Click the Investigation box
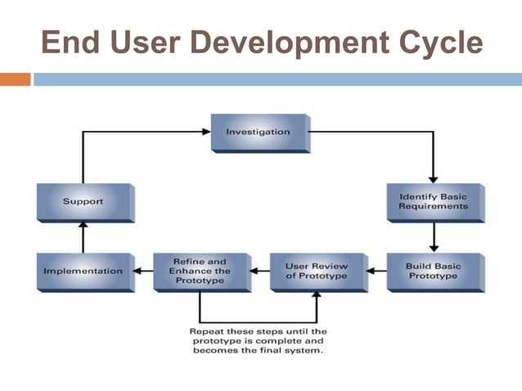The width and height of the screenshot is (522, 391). [258, 132]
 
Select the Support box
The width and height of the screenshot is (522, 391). [83, 201]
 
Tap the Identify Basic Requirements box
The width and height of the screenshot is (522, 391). [433, 201]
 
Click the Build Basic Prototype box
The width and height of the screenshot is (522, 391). [433, 271]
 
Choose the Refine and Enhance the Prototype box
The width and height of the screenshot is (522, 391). [200, 271]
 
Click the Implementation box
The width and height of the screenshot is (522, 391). [83, 271]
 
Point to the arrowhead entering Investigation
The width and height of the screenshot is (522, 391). [205, 131]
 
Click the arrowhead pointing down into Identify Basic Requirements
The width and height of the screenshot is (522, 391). [433, 178]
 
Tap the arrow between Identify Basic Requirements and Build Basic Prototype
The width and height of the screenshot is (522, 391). [433, 237]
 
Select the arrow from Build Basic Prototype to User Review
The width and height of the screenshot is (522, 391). [376, 271]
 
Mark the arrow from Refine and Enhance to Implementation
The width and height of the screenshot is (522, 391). [142, 271]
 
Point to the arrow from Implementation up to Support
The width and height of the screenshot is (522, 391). [83, 237]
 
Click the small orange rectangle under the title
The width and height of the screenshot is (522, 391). [15, 79]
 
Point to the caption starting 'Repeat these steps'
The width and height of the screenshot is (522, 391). [258, 340]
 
